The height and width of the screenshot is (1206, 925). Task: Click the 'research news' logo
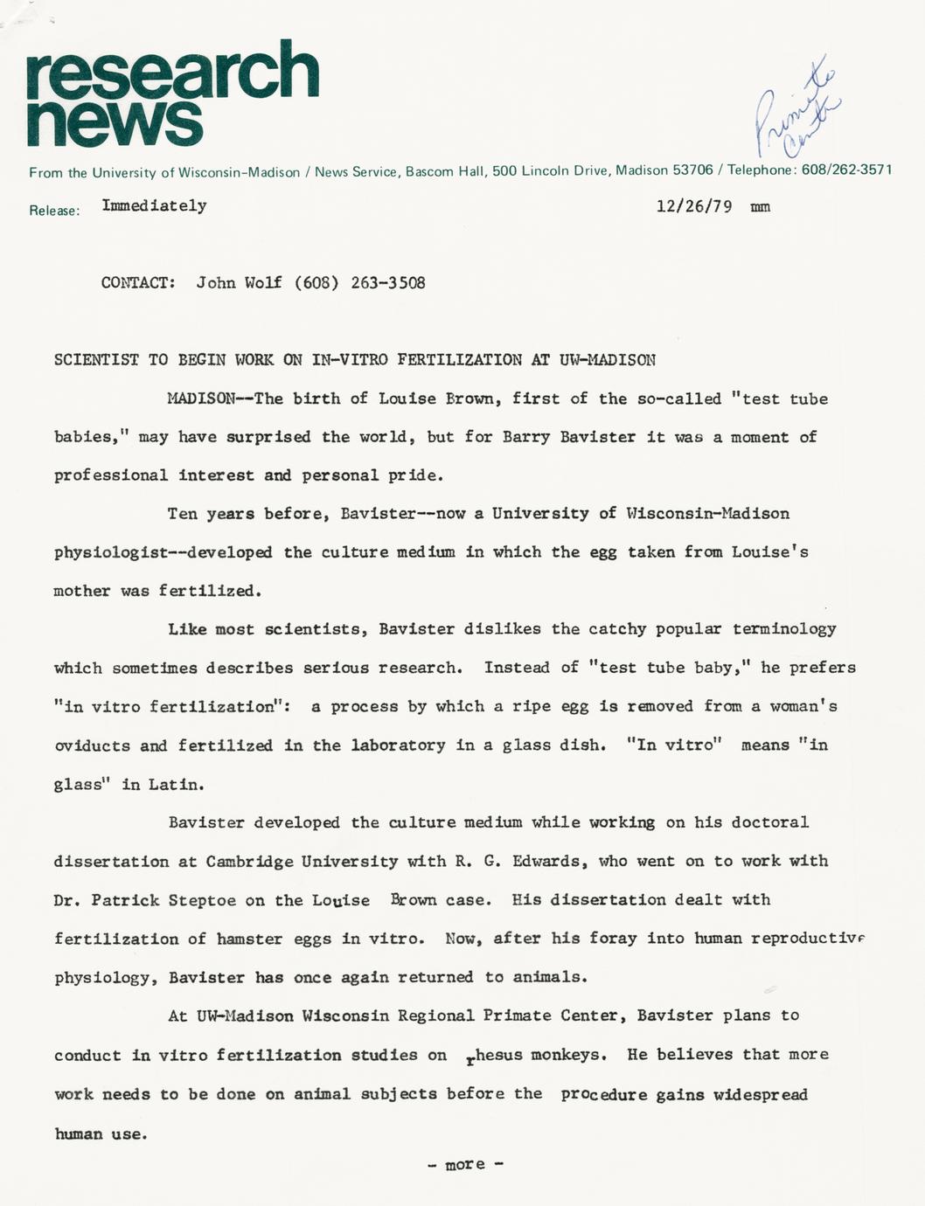click(172, 94)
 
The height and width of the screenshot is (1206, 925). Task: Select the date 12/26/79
click(693, 206)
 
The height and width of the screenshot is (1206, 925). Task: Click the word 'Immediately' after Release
click(154, 205)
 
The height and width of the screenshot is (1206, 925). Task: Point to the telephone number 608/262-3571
click(845, 170)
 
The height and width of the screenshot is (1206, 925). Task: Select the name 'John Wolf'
click(239, 282)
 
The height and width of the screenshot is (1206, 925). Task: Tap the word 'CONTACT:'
click(138, 282)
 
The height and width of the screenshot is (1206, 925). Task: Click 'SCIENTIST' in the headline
click(96, 359)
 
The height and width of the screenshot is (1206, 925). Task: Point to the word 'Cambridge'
click(249, 861)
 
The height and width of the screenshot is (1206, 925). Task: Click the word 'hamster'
click(249, 939)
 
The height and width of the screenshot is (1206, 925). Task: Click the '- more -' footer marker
click(465, 1164)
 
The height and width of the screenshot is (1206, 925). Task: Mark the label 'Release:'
click(54, 211)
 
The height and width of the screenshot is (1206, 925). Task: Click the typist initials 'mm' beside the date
click(760, 207)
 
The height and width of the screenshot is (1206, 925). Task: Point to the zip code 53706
click(692, 170)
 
